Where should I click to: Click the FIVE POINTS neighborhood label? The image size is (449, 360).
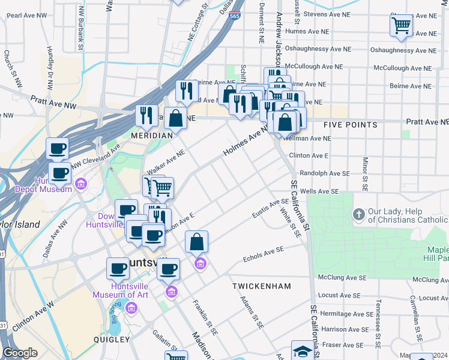[x=350, y=125]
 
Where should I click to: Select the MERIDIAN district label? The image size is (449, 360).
[x=152, y=136]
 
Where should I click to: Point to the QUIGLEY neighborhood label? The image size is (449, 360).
[x=111, y=339]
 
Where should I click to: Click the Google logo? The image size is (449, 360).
[x=20, y=353]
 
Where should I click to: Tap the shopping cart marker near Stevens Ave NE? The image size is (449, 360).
[x=401, y=26]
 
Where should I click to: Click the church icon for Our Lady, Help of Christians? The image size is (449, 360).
[x=358, y=214]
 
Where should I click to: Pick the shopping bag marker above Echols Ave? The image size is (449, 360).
[x=196, y=243]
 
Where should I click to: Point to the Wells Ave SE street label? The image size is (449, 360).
[x=319, y=191]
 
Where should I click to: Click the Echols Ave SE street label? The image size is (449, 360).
[x=263, y=256]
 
